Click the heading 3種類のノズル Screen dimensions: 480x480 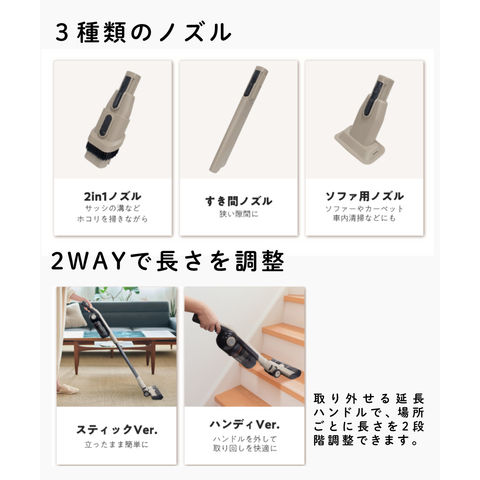click(143, 32)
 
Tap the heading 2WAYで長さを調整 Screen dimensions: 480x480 click(168, 261)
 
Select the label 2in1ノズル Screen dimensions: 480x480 click(112, 197)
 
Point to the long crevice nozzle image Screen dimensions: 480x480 click(238, 119)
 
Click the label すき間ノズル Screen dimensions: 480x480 click(238, 201)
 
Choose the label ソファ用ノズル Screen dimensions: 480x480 click(364, 196)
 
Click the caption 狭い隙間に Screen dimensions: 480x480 click(239, 214)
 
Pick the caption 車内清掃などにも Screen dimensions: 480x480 click(364, 219)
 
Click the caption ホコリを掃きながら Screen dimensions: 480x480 click(112, 219)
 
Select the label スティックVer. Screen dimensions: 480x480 click(117, 430)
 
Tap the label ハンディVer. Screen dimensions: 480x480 click(245, 425)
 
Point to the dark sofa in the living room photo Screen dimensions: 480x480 click(132, 316)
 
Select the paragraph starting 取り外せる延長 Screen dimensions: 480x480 click(368, 420)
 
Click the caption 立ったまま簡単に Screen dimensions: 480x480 click(116, 445)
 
